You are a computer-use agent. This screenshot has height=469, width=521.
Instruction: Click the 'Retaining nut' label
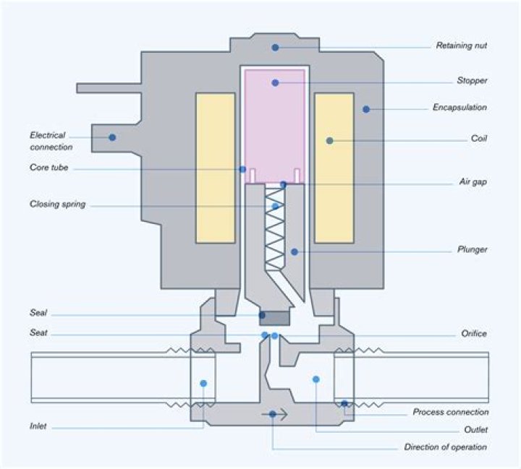(x=461, y=46)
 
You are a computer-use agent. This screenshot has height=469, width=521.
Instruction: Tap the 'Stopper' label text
(x=472, y=81)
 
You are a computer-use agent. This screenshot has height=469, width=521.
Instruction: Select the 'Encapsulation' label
(x=459, y=107)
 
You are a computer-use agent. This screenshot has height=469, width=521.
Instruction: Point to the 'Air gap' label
(x=473, y=181)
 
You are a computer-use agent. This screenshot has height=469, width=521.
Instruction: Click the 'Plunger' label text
(x=471, y=249)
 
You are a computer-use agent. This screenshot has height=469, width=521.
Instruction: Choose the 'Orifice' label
(x=474, y=334)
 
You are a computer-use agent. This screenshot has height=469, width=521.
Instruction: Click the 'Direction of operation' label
(x=445, y=447)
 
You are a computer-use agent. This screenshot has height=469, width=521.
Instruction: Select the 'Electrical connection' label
(x=48, y=140)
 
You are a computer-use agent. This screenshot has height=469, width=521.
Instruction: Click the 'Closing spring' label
(x=58, y=204)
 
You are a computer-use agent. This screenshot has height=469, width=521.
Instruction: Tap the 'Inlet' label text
(x=38, y=426)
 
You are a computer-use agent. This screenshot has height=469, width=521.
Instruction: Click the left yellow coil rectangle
(x=215, y=168)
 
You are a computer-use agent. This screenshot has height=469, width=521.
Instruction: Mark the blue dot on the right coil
(x=329, y=140)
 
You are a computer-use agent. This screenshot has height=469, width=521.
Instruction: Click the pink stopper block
(x=275, y=123)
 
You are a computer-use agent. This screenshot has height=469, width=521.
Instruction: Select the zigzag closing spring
(x=275, y=224)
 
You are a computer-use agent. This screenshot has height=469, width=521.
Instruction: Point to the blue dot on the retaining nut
(x=275, y=47)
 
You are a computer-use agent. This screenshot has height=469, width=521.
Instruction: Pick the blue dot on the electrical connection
(x=112, y=136)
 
